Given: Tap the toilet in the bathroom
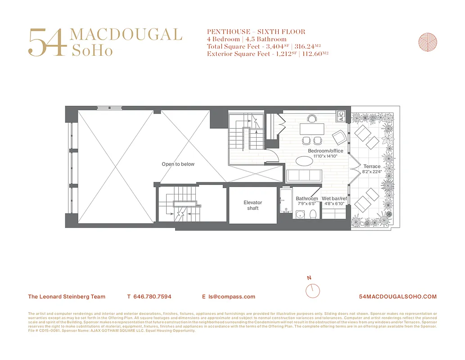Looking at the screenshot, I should (x=314, y=213).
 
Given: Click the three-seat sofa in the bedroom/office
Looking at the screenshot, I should (x=304, y=176).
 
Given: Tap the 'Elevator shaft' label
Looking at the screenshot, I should (x=253, y=205).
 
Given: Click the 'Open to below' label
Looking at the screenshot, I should (x=178, y=164).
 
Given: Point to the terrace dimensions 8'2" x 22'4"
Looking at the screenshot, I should (x=372, y=171).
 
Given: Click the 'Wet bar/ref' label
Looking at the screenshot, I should (x=334, y=198).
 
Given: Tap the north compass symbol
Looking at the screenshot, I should (x=312, y=290).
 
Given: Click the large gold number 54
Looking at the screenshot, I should (x=48, y=43).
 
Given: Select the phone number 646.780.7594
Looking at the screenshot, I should (x=153, y=297).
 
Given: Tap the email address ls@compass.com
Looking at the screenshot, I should (x=231, y=297).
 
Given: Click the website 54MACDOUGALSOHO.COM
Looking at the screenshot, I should (x=398, y=297).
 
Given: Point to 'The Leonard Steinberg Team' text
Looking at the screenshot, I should (x=67, y=297).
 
